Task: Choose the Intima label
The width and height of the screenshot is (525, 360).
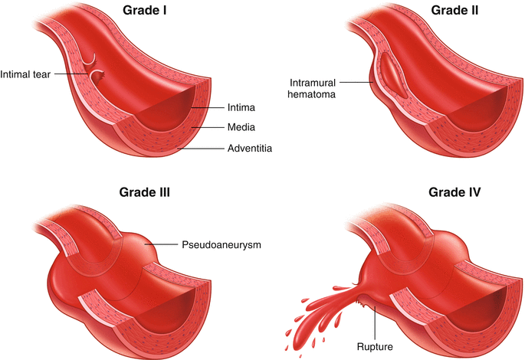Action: [241, 108]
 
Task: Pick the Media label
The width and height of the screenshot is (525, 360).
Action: [241, 127]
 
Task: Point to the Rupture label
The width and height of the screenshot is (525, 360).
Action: [374, 345]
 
